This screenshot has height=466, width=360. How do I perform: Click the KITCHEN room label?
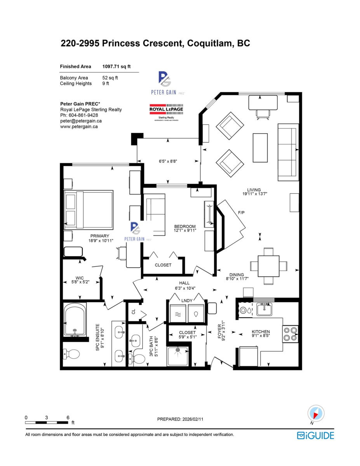[261, 332]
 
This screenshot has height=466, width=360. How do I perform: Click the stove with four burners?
[290, 334]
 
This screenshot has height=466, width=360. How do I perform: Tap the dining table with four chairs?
[268, 266]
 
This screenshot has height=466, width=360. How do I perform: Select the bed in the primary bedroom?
[89, 210]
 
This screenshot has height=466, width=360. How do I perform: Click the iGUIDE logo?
[315, 435]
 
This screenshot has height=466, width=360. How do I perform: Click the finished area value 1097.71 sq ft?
[116, 66]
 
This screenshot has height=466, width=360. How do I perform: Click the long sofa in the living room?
[288, 152]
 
